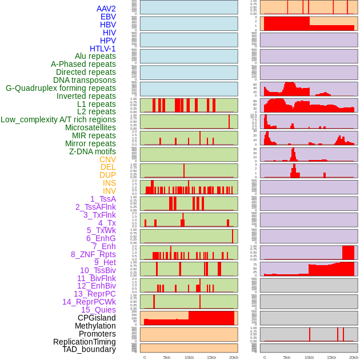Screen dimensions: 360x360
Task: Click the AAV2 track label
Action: click(x=106, y=9)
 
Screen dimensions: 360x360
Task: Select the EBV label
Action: click(x=108, y=17)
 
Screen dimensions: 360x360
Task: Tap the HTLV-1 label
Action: click(x=102, y=49)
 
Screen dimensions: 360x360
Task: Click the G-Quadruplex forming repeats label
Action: click(x=61, y=88)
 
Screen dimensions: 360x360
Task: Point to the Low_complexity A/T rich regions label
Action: click(x=58, y=119)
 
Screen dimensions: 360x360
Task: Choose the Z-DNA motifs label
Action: click(x=93, y=151)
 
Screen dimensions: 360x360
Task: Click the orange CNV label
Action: click(x=107, y=159)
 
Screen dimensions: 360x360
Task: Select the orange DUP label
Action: click(x=107, y=175)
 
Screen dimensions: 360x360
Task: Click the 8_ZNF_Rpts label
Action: click(x=93, y=254)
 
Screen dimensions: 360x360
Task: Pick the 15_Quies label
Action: click(x=98, y=310)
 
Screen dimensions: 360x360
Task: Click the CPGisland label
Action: click(x=97, y=318)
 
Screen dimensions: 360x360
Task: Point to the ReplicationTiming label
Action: click(x=84, y=342)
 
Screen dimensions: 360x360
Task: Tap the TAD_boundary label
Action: click(x=89, y=349)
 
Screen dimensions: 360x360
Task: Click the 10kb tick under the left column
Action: click(x=189, y=357)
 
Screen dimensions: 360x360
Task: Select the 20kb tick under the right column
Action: click(x=354, y=357)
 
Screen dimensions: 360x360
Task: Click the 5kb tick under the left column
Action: click(x=166, y=357)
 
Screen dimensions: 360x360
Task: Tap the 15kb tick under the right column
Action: click(x=331, y=357)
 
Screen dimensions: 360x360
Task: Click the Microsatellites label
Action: click(x=90, y=127)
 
